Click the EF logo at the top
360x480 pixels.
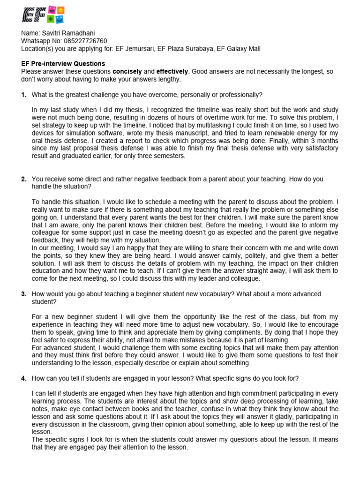click(43, 15)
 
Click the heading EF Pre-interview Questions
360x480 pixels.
click(63, 64)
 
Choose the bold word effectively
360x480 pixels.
click(172, 71)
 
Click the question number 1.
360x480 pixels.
click(23, 95)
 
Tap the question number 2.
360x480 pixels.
click(23, 179)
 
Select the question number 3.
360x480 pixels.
click(23, 294)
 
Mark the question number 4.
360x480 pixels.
click(23, 378)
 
